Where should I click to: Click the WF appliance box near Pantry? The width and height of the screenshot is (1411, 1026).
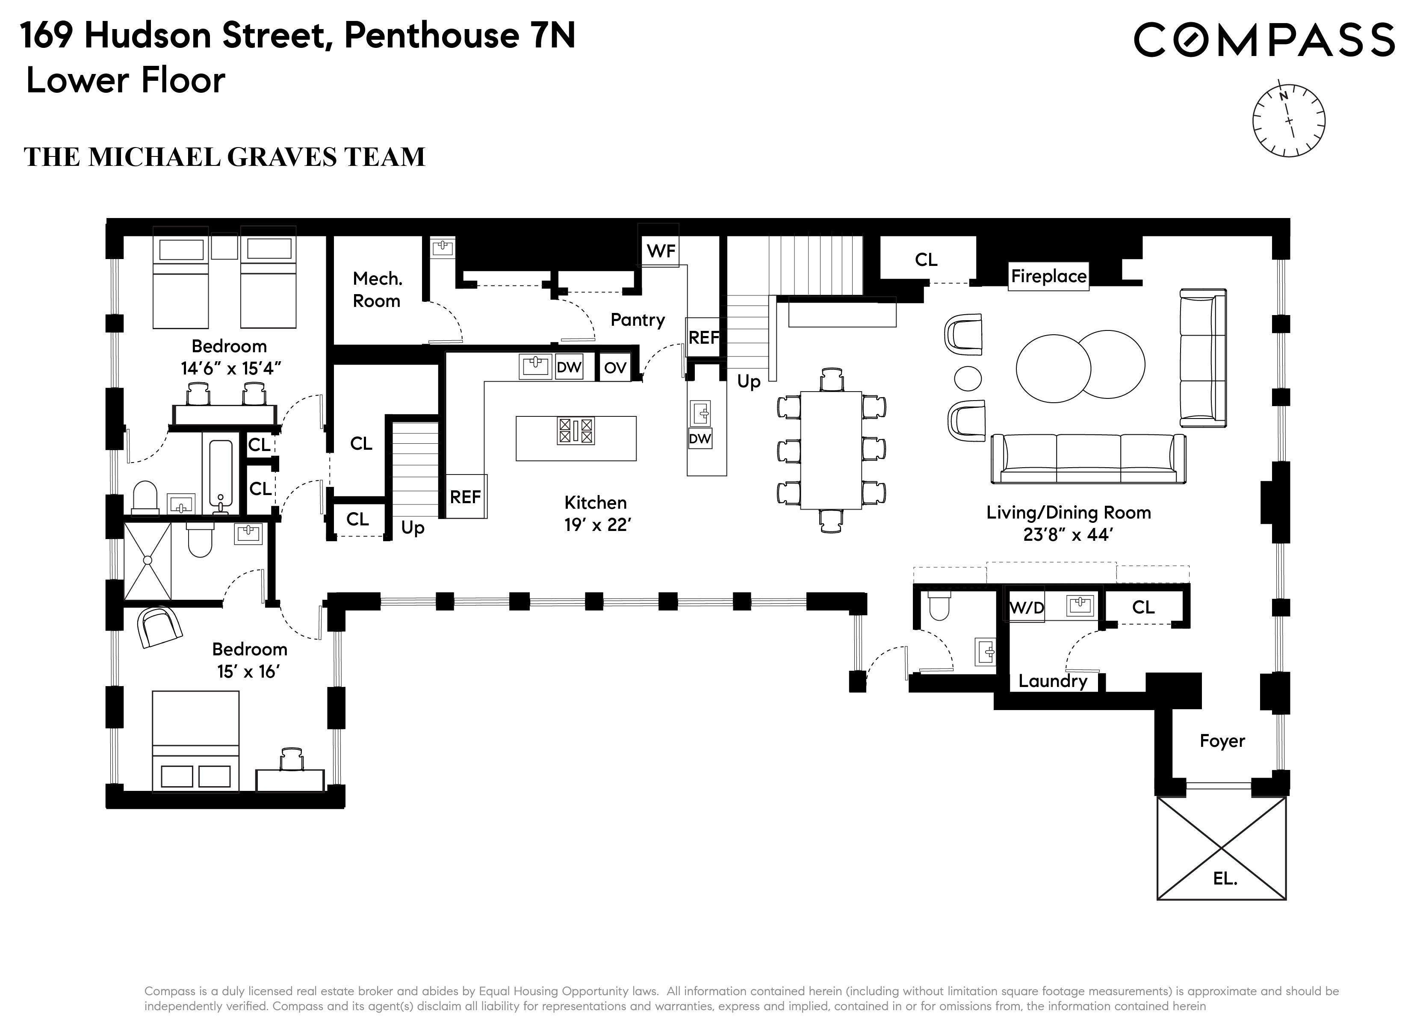pos(660,251)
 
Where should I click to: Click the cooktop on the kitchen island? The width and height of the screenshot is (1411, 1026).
pos(576,430)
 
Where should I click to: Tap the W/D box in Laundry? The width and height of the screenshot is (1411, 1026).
pos(1026,607)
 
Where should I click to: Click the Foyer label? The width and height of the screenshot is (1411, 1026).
pos(1222,741)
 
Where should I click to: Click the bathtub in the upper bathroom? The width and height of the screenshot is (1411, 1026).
pos(221,473)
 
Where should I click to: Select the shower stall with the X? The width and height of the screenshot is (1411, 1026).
pos(148,560)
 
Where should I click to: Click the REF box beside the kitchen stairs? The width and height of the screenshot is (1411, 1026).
pos(465,496)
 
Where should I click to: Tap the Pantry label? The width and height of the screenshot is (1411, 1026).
pos(637,320)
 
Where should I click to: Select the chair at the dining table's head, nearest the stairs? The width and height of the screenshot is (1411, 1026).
pos(831,380)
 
